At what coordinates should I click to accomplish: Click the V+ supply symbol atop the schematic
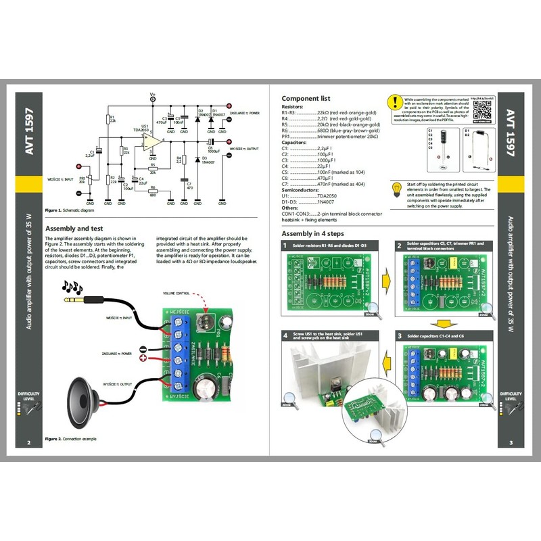coord(153,99)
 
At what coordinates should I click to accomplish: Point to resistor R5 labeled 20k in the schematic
coord(154,169)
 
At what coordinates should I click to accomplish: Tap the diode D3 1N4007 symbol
coord(197,160)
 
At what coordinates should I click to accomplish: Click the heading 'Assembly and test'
coord(74,229)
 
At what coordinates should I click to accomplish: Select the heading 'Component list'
coord(306,99)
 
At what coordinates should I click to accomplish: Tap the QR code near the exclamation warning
coord(483,108)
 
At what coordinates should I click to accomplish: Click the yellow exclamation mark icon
coord(394,102)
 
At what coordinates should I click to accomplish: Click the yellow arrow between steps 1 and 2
coord(380,277)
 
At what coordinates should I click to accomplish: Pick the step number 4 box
coord(286,335)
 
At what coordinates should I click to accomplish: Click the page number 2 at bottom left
coord(29,444)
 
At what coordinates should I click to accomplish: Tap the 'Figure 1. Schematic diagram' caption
coord(70,210)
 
